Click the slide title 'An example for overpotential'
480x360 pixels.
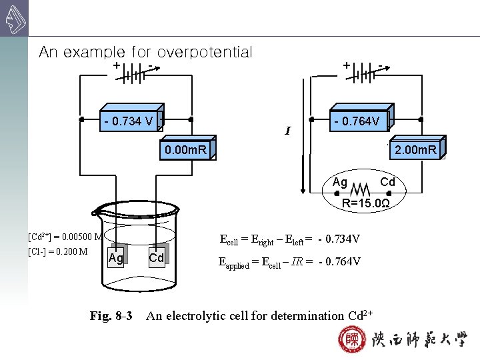[145, 52]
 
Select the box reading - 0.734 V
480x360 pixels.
[131, 121]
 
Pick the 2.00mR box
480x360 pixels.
[415, 150]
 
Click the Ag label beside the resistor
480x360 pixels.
[339, 182]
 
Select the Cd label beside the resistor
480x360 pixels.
[387, 182]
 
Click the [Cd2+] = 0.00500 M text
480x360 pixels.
[65, 237]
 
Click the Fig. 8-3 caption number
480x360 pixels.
[111, 315]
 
